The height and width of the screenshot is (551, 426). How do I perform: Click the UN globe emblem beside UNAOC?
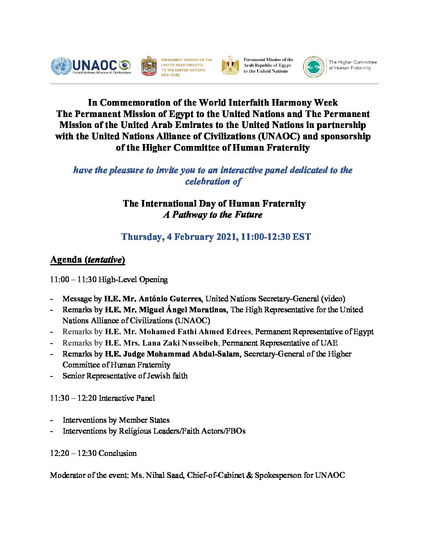pyautogui.click(x=61, y=66)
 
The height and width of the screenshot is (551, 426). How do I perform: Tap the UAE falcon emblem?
pyautogui.click(x=149, y=66)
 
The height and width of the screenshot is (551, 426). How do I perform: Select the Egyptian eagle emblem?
pyautogui.click(x=230, y=65)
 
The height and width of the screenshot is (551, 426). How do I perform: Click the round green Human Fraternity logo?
pyautogui.click(x=314, y=67)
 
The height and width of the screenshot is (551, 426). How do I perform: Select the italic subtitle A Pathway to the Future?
pyautogui.click(x=213, y=215)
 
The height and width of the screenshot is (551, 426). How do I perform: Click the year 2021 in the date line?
pyautogui.click(x=224, y=237)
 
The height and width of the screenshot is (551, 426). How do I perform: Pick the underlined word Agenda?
pyautogui.click(x=66, y=260)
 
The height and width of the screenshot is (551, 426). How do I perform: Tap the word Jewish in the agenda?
pyautogui.click(x=159, y=376)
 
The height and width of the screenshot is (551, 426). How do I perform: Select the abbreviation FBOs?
pyautogui.click(x=235, y=431)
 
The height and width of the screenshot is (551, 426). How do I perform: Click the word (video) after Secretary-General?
pyautogui.click(x=333, y=299)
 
